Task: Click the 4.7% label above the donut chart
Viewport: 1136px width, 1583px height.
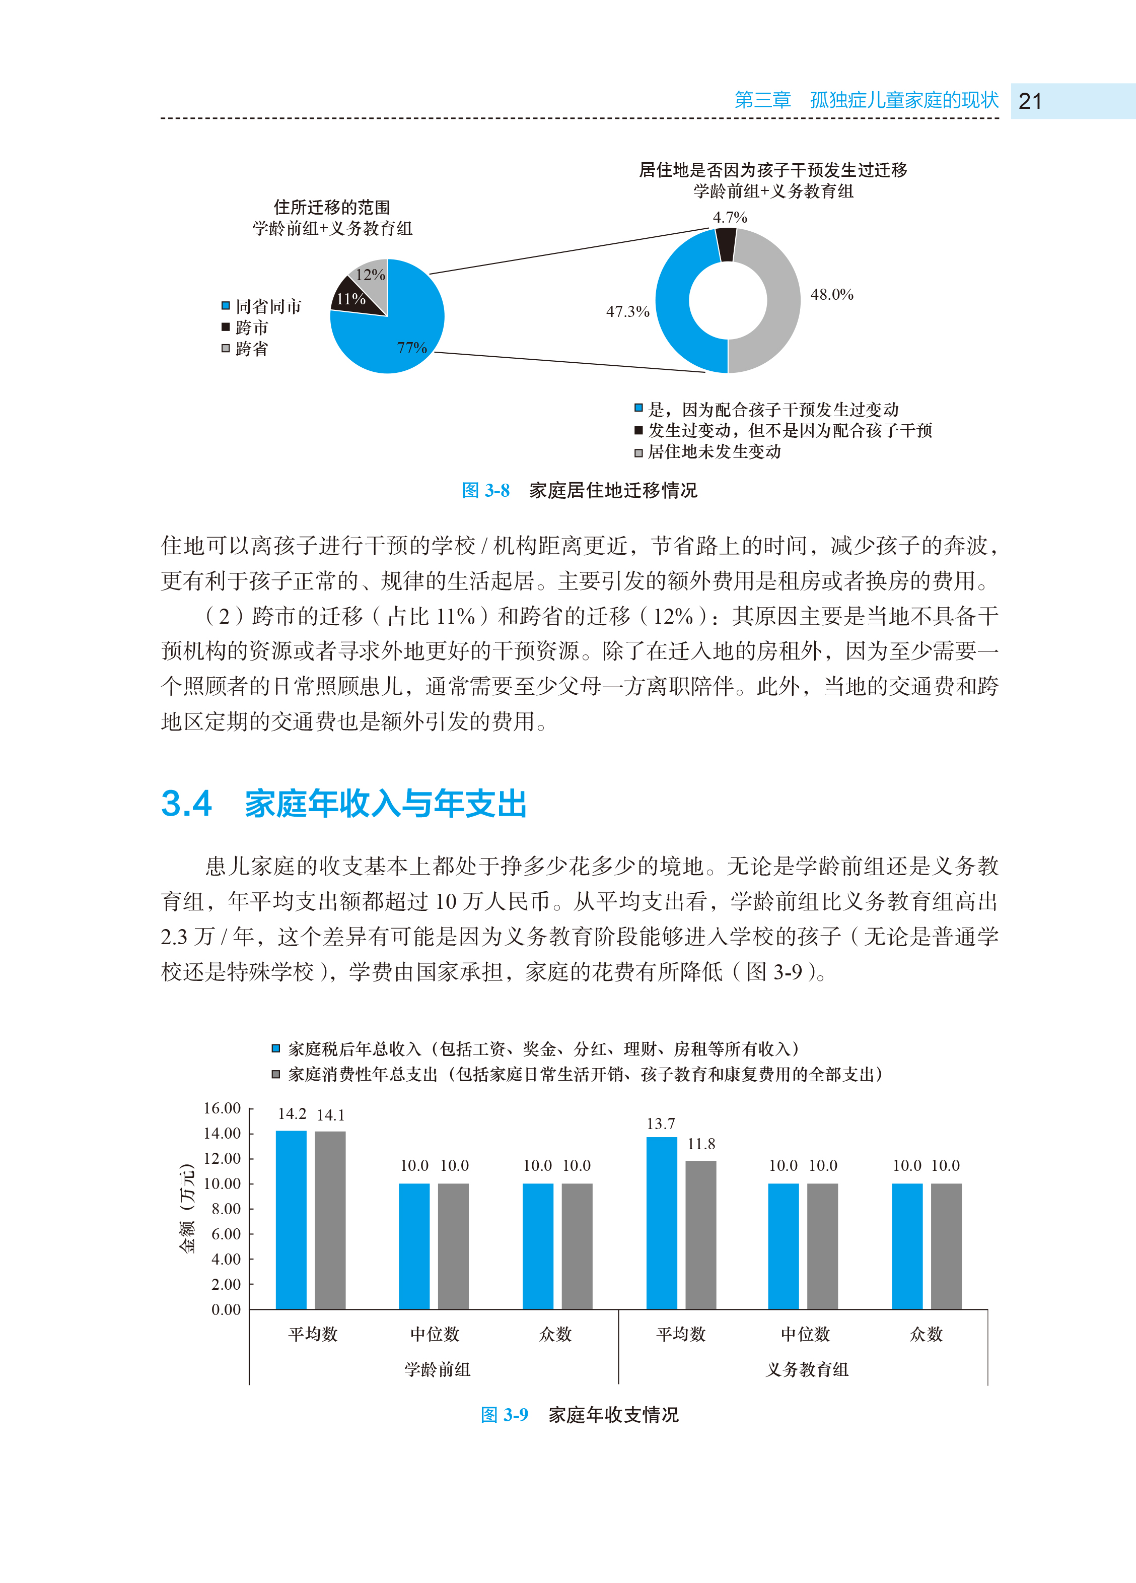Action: (x=729, y=218)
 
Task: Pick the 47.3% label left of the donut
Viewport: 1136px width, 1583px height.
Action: (x=627, y=311)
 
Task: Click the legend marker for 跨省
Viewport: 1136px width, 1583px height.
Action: (x=226, y=348)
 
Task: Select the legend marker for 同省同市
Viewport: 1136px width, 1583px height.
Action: (x=226, y=306)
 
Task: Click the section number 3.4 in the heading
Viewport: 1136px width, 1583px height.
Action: (x=186, y=804)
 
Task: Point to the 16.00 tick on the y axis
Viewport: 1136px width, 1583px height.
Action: (x=222, y=1108)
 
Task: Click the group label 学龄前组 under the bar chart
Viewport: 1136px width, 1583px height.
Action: (x=438, y=1369)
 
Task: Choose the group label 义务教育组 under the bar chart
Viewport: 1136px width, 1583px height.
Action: (x=807, y=1369)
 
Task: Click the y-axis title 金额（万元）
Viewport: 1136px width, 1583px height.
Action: (x=187, y=1208)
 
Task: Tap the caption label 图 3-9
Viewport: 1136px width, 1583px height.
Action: (x=504, y=1415)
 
